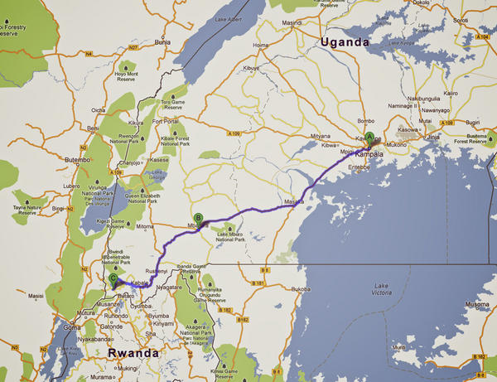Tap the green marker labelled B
(x=198, y=220)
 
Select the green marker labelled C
(x=113, y=280)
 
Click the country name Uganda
(x=345, y=42)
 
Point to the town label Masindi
(x=292, y=22)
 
